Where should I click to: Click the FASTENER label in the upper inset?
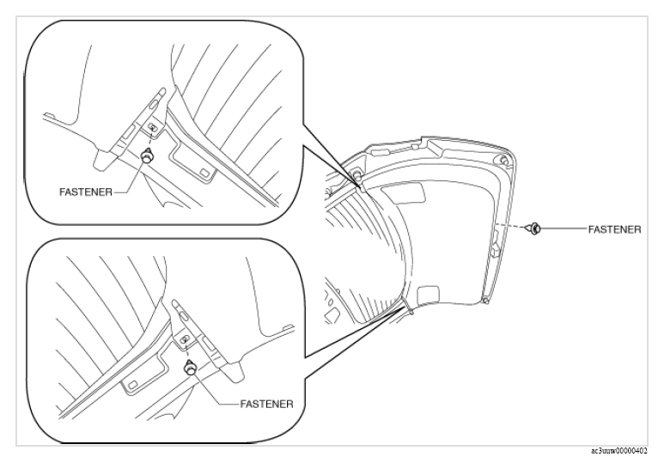(86, 192)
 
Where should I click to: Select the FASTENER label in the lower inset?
(267, 404)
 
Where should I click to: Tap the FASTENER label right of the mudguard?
(614, 229)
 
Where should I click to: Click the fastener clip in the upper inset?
(148, 155)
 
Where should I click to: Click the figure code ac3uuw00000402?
(618, 451)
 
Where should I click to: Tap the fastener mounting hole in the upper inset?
(151, 125)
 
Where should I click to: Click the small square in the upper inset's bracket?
(205, 173)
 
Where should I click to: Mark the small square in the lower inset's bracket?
(132, 384)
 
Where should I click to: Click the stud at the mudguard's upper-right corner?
(503, 161)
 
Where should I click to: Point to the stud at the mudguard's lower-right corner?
(486, 301)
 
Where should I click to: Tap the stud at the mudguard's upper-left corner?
(356, 175)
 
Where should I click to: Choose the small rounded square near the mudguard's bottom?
(429, 295)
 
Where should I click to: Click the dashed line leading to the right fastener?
(509, 226)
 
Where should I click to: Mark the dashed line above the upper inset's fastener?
(150, 139)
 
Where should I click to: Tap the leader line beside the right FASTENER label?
(563, 229)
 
